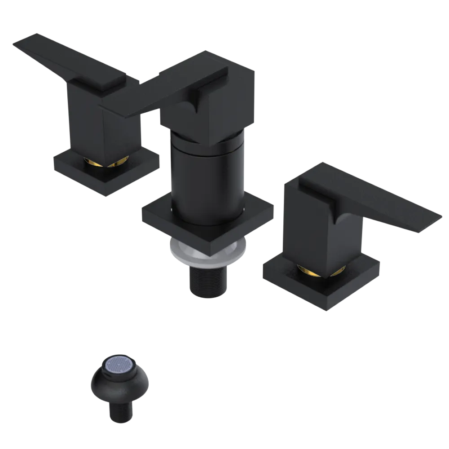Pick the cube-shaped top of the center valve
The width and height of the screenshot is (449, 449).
tap(224, 103)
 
